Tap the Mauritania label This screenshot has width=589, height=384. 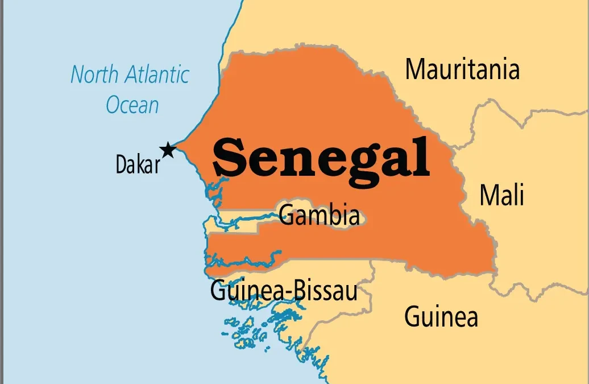(462, 69)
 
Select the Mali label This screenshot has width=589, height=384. (501, 195)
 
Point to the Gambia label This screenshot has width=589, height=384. (320, 216)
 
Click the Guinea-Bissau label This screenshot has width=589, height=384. (284, 291)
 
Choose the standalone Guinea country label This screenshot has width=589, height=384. (441, 316)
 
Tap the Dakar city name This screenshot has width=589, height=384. (138, 164)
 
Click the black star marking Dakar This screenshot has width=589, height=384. (168, 150)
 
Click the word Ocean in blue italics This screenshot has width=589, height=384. (132, 105)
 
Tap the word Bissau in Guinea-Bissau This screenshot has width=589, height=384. (325, 291)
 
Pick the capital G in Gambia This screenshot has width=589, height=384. (286, 216)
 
